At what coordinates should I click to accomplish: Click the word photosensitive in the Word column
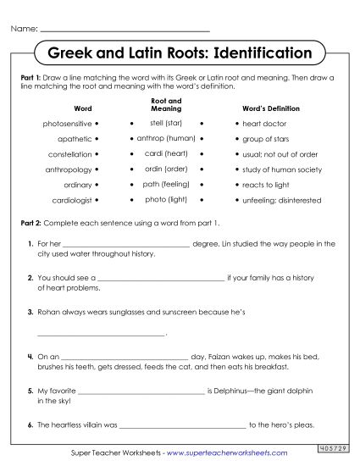point(67,124)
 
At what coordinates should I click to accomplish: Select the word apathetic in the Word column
point(75,139)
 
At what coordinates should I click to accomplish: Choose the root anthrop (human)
point(166,138)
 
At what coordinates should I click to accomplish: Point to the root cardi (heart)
point(165,153)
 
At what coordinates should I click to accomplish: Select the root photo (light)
point(166,199)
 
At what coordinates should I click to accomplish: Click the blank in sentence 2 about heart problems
point(162,278)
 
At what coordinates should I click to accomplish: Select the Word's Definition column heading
point(270,108)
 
